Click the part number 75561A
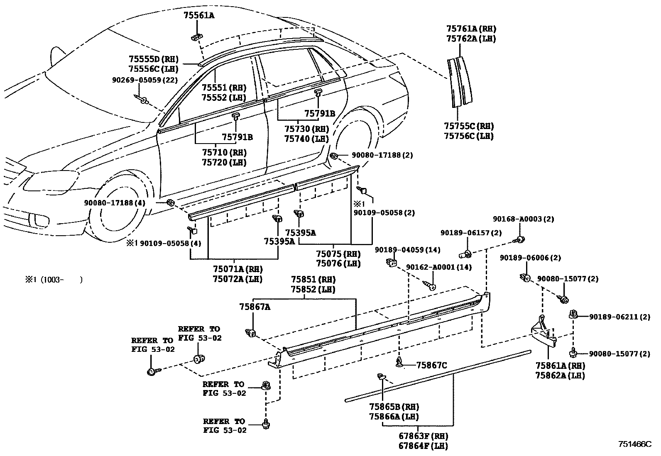tap(199, 16)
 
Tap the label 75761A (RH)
tap(471, 29)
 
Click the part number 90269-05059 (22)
tap(144, 80)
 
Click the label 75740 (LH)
tap(306, 139)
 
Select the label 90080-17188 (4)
tap(115, 203)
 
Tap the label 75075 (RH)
tap(338, 254)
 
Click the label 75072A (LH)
tap(238, 279)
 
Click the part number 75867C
tap(431, 365)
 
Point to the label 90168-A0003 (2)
tap(523, 219)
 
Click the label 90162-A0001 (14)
tap(438, 267)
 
